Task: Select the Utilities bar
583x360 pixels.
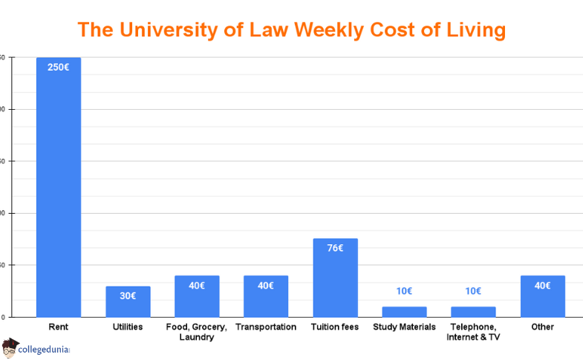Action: (128, 303)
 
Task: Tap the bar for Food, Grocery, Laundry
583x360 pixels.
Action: (197, 297)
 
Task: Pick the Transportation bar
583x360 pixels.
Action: (266, 297)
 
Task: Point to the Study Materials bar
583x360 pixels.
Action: (404, 312)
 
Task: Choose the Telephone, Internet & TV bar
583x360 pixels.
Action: (473, 312)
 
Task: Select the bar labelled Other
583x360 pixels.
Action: (542, 297)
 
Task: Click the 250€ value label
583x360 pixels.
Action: (59, 67)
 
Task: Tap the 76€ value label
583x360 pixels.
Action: (335, 248)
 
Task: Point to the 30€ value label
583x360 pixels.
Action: (128, 295)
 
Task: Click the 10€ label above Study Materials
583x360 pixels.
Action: (404, 291)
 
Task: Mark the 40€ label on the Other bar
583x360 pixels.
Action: (542, 285)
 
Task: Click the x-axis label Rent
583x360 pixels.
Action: (59, 327)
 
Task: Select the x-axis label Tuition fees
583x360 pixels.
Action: (335, 327)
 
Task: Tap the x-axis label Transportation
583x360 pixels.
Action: (266, 327)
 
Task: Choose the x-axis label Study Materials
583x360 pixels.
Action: (404, 327)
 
